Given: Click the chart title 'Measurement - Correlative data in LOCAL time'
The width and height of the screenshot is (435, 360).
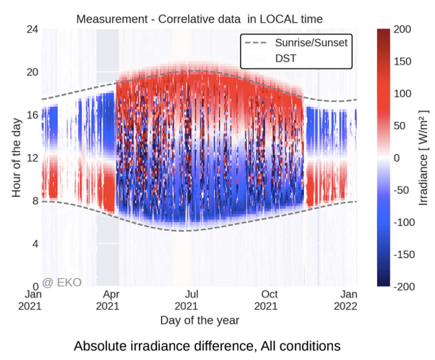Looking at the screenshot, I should point(199,18).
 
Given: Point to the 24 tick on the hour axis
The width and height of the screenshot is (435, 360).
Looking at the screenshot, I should point(32,29).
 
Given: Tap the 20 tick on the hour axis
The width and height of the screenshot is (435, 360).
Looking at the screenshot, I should point(32,72).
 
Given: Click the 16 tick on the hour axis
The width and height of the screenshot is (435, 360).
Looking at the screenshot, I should point(32,115).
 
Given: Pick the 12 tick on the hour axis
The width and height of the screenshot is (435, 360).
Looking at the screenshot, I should point(32,158).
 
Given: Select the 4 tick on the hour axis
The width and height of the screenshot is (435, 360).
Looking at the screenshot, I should point(34,243).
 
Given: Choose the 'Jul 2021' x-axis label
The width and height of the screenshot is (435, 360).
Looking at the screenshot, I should point(186,300).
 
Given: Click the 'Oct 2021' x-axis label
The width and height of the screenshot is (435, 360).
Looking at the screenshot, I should point(266,300).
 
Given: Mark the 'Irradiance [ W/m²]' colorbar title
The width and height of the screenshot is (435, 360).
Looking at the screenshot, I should point(423,158).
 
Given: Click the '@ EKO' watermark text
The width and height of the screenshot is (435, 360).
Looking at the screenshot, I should point(62,283).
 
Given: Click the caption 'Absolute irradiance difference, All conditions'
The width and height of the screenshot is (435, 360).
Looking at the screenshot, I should point(206,345).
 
